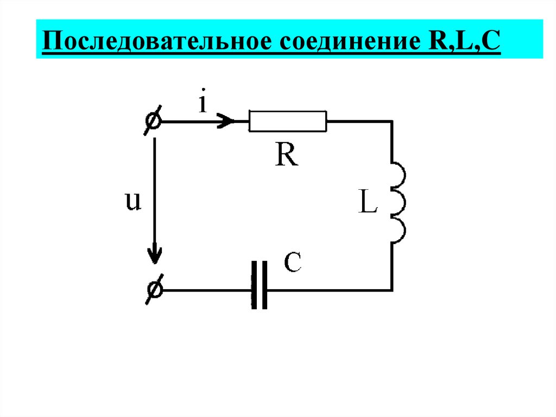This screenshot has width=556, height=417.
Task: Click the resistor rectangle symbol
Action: click(x=288, y=121)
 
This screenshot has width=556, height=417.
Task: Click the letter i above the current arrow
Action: click(x=203, y=103)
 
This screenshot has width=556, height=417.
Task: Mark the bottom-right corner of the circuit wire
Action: click(x=391, y=290)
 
